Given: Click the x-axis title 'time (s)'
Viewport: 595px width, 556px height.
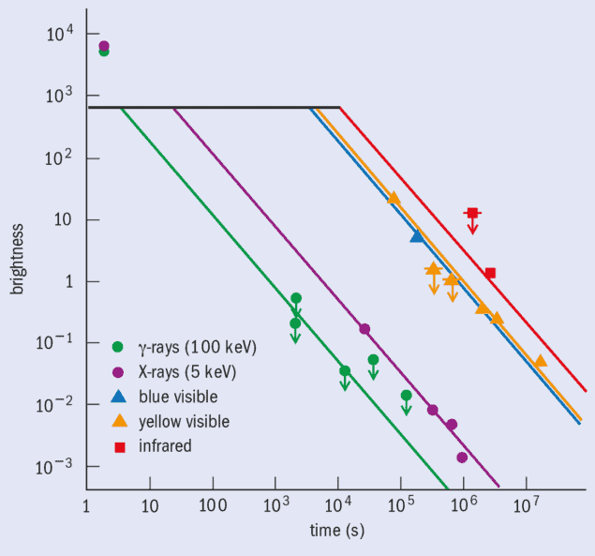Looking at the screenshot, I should click(337, 531).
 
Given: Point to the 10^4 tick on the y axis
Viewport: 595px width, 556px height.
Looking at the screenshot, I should click(58, 35).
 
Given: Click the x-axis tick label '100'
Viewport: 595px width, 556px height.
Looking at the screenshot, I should click(212, 509).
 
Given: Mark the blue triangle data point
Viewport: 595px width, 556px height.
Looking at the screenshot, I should click(417, 236).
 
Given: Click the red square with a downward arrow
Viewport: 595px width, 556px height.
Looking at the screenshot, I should click(472, 214).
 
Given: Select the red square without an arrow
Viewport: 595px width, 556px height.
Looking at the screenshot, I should click(489, 273).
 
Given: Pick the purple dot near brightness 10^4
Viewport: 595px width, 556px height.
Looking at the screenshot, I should click(104, 45).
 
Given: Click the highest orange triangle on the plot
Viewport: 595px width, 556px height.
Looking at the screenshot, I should click(394, 198).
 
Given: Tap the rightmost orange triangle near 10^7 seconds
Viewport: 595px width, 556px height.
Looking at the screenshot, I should click(540, 361).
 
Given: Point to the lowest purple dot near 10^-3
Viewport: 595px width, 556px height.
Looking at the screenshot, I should click(462, 458).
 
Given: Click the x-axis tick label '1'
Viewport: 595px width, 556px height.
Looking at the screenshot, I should click(86, 509).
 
